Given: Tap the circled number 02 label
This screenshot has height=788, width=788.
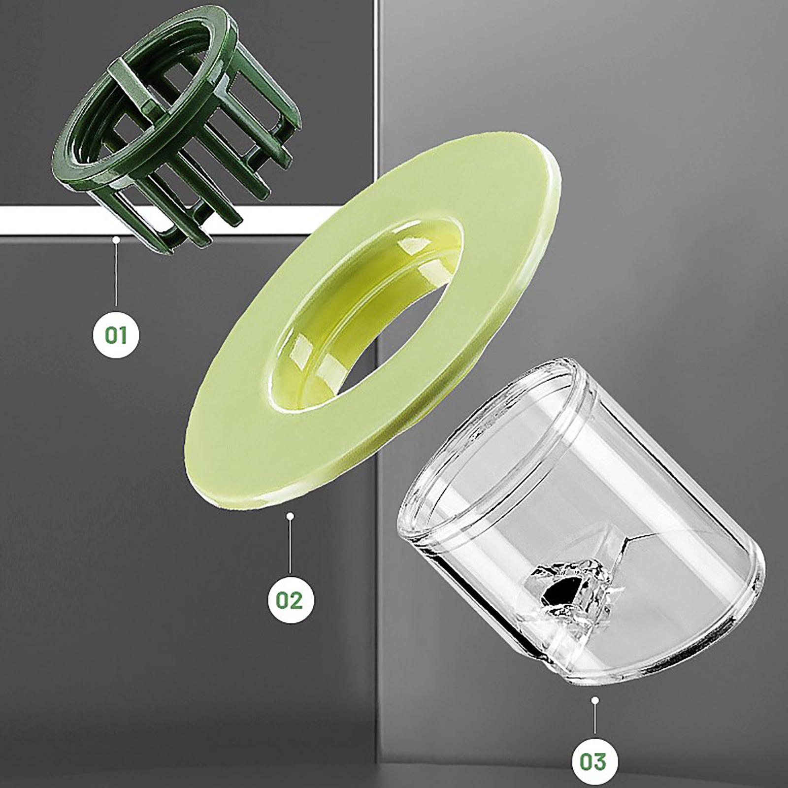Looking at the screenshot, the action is point(290,600).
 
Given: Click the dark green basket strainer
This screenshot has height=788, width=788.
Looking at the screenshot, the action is point(177,128).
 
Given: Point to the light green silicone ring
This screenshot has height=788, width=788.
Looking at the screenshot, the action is point(374,320).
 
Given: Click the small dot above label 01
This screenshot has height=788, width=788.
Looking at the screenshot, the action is point(116,240).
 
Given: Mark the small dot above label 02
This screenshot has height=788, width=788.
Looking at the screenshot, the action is point(290,516).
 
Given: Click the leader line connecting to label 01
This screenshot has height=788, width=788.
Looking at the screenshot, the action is point(116,276).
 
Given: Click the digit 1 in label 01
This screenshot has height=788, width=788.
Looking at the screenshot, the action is point(124,335).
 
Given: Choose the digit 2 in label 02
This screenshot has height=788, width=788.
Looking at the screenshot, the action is point(296,600).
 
